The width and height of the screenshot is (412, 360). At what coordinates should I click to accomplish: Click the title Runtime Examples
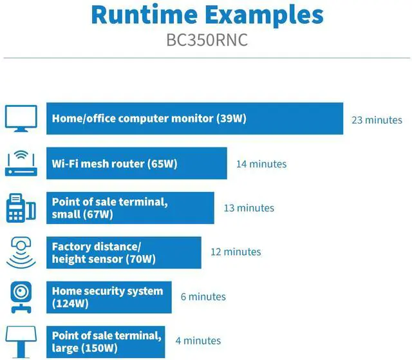click(x=207, y=14)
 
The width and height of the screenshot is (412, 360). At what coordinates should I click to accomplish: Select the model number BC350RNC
click(x=207, y=41)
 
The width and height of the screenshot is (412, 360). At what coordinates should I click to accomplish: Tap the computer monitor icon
click(x=21, y=118)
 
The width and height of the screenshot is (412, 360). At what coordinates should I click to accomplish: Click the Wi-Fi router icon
click(x=21, y=164)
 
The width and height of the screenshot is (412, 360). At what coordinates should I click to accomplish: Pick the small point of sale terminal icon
click(x=21, y=208)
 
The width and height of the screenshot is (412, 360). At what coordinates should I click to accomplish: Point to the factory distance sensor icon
click(x=21, y=252)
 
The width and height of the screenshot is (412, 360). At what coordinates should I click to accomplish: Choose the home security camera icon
click(x=21, y=297)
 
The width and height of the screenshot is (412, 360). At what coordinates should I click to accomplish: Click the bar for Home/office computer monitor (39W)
click(x=194, y=118)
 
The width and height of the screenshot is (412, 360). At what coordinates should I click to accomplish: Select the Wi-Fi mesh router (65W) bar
click(x=136, y=164)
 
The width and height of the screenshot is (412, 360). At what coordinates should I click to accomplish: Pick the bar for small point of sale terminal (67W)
click(x=130, y=208)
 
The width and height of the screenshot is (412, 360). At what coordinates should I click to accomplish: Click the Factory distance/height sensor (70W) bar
click(x=124, y=252)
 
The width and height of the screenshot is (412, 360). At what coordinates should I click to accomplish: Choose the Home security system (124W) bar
click(x=109, y=297)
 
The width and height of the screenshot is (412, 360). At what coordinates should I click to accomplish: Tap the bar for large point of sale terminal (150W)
click(x=106, y=341)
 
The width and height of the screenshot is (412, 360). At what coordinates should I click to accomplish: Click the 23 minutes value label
click(x=377, y=120)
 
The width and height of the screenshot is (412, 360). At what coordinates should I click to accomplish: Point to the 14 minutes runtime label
click(x=261, y=164)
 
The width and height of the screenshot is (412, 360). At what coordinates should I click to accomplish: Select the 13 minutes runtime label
click(x=248, y=208)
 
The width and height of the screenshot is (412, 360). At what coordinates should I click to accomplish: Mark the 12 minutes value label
click(x=236, y=252)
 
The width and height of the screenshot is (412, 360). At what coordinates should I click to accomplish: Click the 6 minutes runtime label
click(x=203, y=297)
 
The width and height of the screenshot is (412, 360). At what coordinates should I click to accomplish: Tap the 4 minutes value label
click(x=198, y=341)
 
